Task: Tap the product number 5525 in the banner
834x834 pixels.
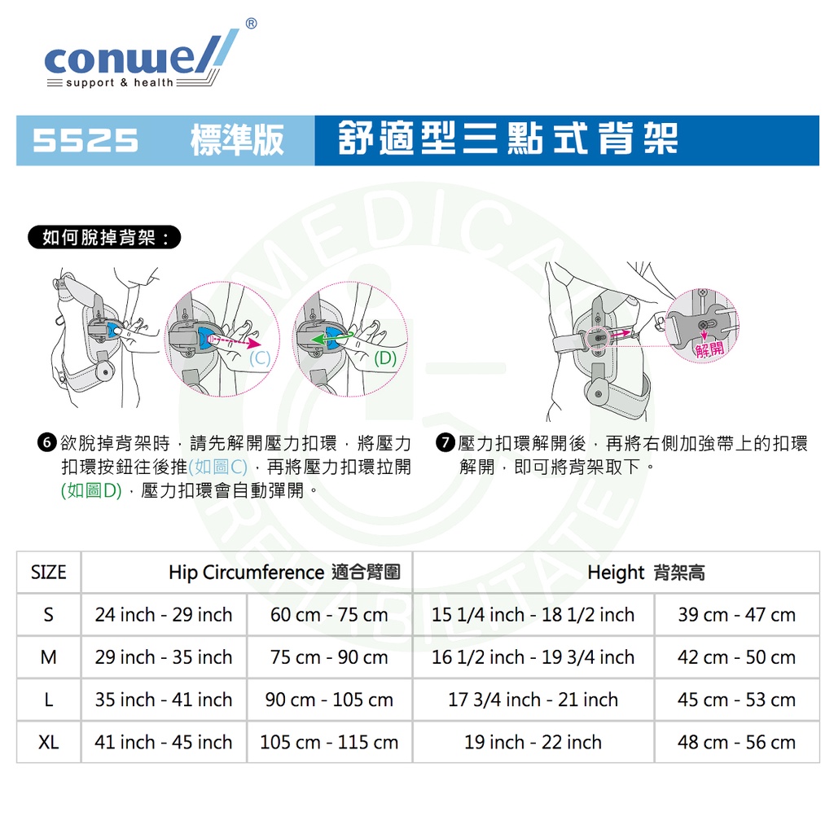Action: coord(86,141)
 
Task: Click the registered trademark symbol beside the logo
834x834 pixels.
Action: coord(251,24)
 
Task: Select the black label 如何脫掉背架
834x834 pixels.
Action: coord(104,237)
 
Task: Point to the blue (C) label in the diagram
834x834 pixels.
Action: coord(260,358)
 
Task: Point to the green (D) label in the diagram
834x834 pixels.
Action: coord(385,358)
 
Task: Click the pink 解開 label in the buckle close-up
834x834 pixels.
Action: coord(709,349)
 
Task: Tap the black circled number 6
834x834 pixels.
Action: coord(46,442)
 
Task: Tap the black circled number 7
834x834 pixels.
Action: coord(446,442)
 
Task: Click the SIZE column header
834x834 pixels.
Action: coord(48,573)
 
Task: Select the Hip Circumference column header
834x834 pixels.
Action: coord(284,573)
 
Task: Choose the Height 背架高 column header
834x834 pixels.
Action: coord(646,573)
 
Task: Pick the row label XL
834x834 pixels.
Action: coord(48,742)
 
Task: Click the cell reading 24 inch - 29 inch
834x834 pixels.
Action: coord(164,615)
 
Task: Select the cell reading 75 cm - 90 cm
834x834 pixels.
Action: coord(329,657)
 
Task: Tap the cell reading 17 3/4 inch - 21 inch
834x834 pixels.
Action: coord(533,700)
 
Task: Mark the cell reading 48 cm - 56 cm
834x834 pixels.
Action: coord(736,743)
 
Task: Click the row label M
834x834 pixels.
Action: coord(48,657)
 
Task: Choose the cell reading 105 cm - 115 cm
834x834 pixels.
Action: coord(329,743)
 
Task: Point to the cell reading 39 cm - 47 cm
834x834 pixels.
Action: coord(736,615)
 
